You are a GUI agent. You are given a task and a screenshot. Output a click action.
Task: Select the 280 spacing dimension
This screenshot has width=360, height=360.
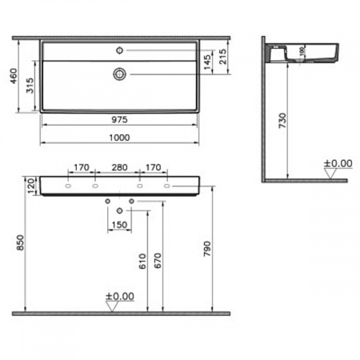click(x=118, y=169)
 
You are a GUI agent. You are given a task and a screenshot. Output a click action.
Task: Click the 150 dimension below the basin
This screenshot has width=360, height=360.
click(x=120, y=224)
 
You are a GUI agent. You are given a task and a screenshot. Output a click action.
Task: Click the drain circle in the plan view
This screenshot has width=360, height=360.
click(x=118, y=74)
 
